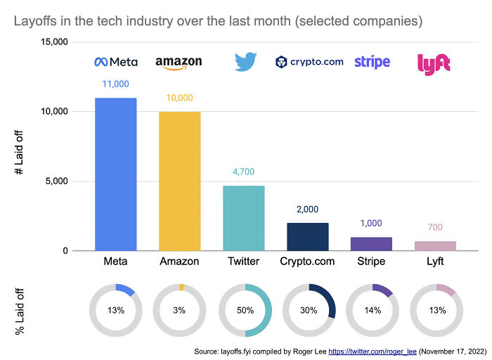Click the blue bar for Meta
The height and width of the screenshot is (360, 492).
point(115,174)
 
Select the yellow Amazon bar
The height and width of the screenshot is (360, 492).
point(179,181)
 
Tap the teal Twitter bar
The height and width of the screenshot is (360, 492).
point(243,218)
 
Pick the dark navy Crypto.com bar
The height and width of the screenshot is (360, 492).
point(307,237)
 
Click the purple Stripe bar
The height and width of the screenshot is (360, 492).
point(371,244)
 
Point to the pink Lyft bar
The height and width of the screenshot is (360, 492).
point(435,246)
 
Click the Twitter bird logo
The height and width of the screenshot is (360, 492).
point(245,62)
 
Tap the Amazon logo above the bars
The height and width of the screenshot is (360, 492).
point(179,63)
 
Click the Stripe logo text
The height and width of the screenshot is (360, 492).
point(372,62)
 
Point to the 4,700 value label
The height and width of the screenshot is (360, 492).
point(243,172)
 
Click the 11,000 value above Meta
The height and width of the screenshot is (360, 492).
point(115,84)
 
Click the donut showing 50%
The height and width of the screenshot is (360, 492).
point(244,309)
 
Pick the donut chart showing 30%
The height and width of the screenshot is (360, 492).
point(308,309)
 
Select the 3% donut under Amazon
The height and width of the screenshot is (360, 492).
point(179,309)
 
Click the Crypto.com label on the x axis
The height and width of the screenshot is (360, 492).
point(307,262)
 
